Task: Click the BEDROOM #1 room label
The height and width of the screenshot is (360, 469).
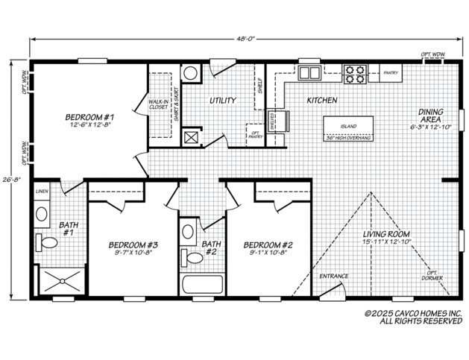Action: (x=89, y=117)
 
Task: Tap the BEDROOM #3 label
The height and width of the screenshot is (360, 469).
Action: (x=132, y=244)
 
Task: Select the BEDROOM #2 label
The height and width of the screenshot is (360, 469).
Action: (x=265, y=244)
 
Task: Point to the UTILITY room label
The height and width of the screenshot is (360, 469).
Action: (x=222, y=100)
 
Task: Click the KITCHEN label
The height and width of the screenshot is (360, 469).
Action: (x=321, y=100)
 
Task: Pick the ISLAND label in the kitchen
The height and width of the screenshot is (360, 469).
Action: (x=347, y=126)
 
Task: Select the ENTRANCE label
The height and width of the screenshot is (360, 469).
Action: (x=333, y=277)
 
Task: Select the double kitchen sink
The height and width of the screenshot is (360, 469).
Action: (x=309, y=73)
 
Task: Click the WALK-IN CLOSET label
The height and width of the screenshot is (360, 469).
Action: (x=157, y=104)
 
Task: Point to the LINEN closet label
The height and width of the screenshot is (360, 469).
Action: (x=42, y=192)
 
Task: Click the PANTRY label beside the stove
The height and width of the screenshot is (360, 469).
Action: (x=391, y=73)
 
